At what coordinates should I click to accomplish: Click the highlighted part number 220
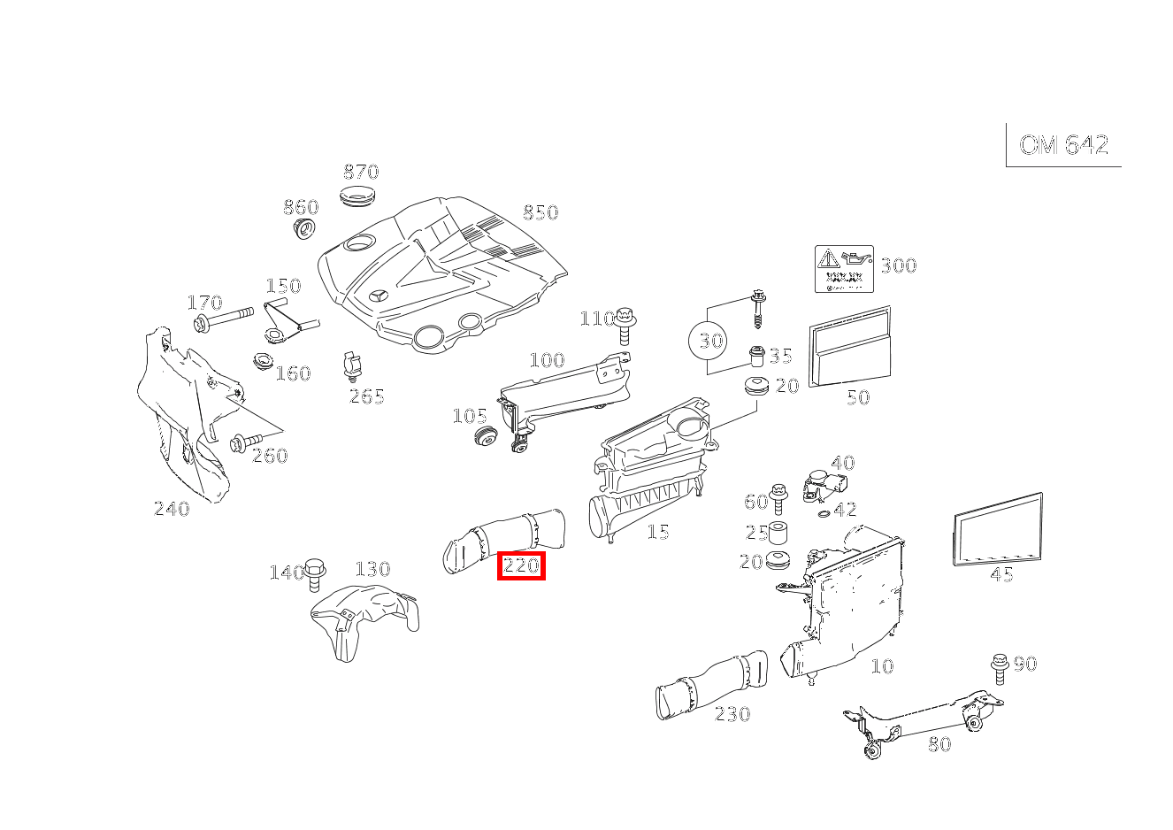(521, 565)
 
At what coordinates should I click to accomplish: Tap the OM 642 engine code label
(1063, 145)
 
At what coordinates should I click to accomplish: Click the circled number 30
(711, 341)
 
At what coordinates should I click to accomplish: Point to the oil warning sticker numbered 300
(844, 269)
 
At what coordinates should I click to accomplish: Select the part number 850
(540, 212)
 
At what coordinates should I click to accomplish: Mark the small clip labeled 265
(351, 366)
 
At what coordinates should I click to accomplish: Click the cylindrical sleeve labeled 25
(780, 534)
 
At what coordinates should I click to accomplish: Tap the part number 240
(172, 509)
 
